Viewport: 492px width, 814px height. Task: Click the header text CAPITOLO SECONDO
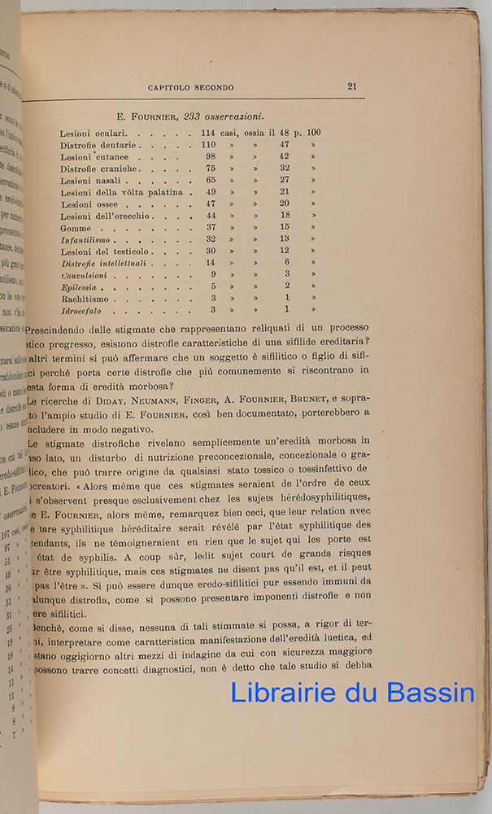(191, 87)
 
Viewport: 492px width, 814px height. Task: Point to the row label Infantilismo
(89, 240)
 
